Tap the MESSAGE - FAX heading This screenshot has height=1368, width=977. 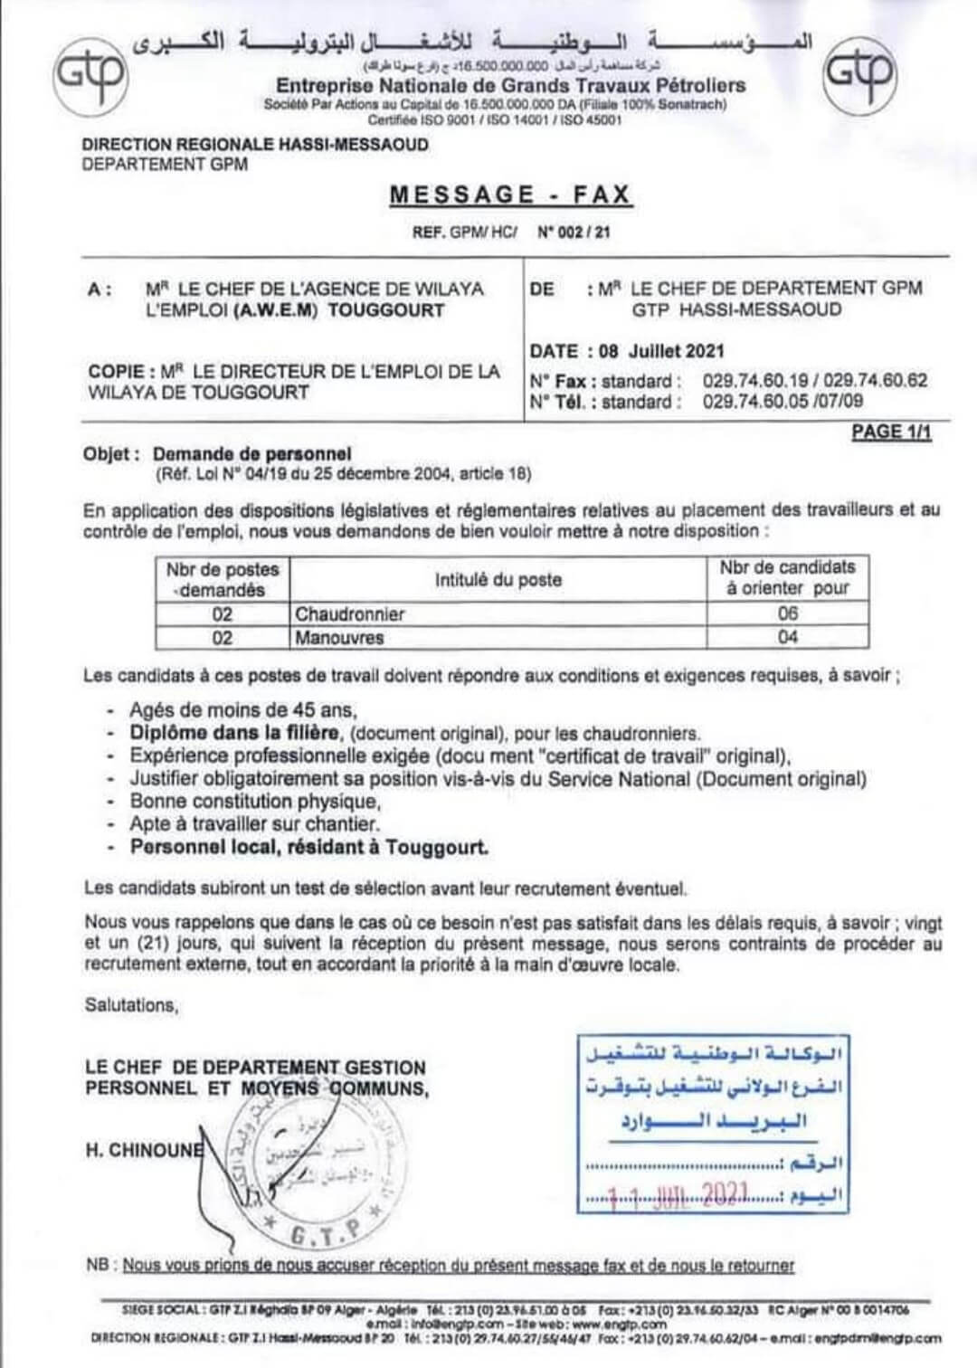click(x=510, y=195)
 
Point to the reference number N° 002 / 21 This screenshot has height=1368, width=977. click(x=574, y=232)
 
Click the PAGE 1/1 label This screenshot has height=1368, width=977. click(x=891, y=432)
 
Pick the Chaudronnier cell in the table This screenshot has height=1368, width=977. click(x=350, y=614)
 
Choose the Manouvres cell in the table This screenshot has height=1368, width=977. click(x=339, y=638)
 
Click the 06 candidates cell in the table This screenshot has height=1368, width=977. click(x=788, y=614)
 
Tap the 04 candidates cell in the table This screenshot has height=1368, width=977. click(x=788, y=638)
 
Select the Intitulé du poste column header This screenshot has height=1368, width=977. click(x=498, y=580)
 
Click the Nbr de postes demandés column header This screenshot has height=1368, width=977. click(x=223, y=579)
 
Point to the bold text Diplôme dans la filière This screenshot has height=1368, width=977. click(x=234, y=733)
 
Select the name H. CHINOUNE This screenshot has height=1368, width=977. click(x=143, y=1150)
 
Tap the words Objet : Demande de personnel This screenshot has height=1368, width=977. click(x=217, y=454)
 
